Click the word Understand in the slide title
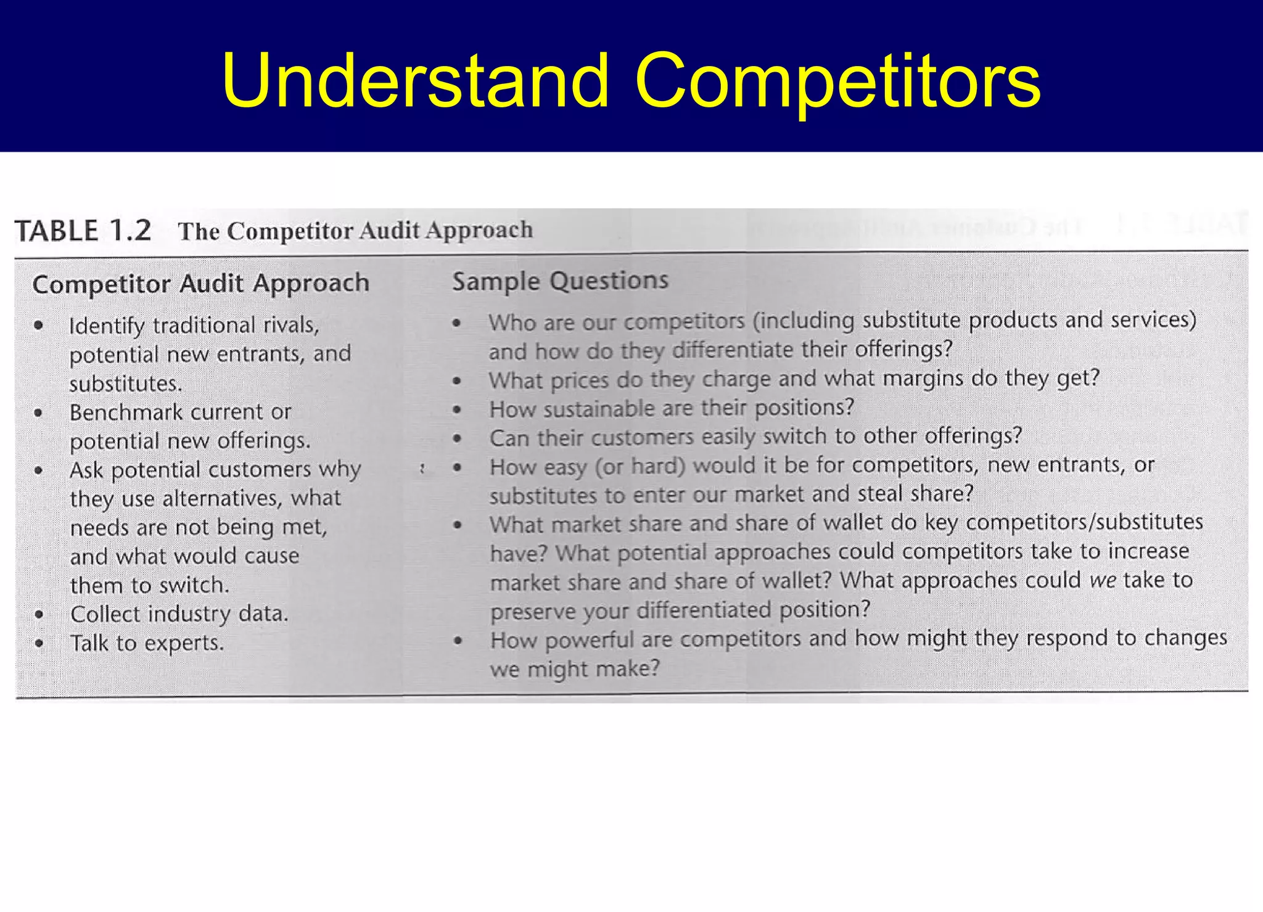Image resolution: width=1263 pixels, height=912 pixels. pyautogui.click(x=416, y=81)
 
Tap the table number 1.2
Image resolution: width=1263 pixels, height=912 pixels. pyautogui.click(x=131, y=231)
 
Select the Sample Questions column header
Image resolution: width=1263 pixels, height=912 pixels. pyautogui.click(x=560, y=281)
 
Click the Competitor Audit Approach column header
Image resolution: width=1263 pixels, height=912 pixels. pyautogui.click(x=200, y=284)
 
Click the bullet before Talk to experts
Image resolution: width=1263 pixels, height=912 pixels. pyautogui.click(x=39, y=643)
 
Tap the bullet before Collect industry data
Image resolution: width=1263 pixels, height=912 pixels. pyautogui.click(x=39, y=614)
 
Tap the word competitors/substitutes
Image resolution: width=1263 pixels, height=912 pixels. pyautogui.click(x=1084, y=522)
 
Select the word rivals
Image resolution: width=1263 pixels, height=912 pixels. pyautogui.click(x=291, y=324)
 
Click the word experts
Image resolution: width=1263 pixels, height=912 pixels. pyautogui.click(x=183, y=643)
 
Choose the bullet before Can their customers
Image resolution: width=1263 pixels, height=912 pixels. pyautogui.click(x=457, y=438)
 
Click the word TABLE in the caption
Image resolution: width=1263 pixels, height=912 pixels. pyautogui.click(x=57, y=231)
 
